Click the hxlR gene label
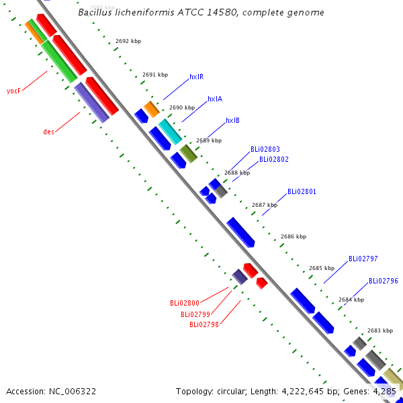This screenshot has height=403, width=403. (197, 77)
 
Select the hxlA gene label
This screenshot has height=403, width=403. (215, 99)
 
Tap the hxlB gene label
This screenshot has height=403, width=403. (232, 120)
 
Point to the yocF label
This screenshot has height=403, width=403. (13, 91)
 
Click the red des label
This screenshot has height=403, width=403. (48, 132)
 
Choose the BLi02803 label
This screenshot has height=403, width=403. (265, 149)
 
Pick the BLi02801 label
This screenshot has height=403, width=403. (302, 191)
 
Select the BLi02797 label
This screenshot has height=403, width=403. (363, 259)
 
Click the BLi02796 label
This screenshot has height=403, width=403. (384, 281)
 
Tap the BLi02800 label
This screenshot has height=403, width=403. (185, 304)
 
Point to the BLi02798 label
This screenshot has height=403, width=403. (204, 324)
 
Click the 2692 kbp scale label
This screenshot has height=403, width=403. (128, 41)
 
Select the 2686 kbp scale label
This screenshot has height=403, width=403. (294, 236)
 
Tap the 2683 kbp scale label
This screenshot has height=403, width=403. (380, 330)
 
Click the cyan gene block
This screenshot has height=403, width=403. (170, 132)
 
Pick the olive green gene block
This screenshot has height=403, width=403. (188, 154)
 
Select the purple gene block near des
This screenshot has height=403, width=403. (92, 103)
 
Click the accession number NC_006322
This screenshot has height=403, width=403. (73, 392)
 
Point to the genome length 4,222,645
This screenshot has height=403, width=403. (302, 392)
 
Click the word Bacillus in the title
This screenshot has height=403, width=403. (95, 12)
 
